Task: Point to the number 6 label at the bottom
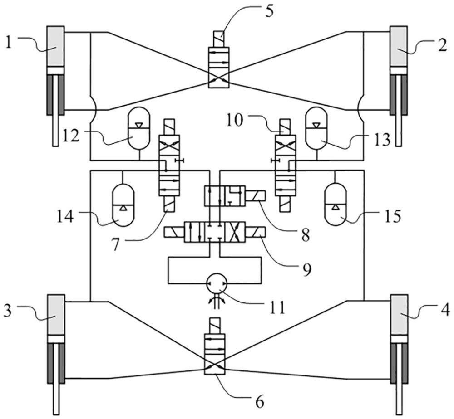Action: pos(260,400)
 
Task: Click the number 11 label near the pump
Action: pos(276,307)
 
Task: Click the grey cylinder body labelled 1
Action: pos(56,46)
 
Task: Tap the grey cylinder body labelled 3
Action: pos(56,315)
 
